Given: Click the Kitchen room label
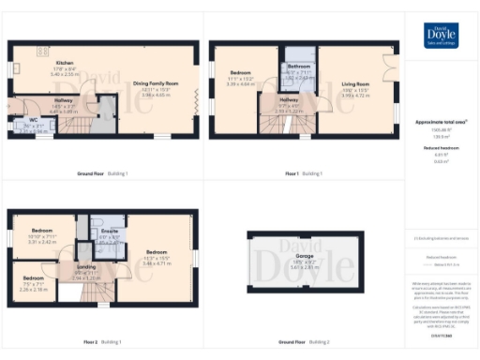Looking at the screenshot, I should coord(64,62).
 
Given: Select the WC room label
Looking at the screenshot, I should coord(33,121).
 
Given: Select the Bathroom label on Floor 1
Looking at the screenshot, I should coord(298,67).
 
